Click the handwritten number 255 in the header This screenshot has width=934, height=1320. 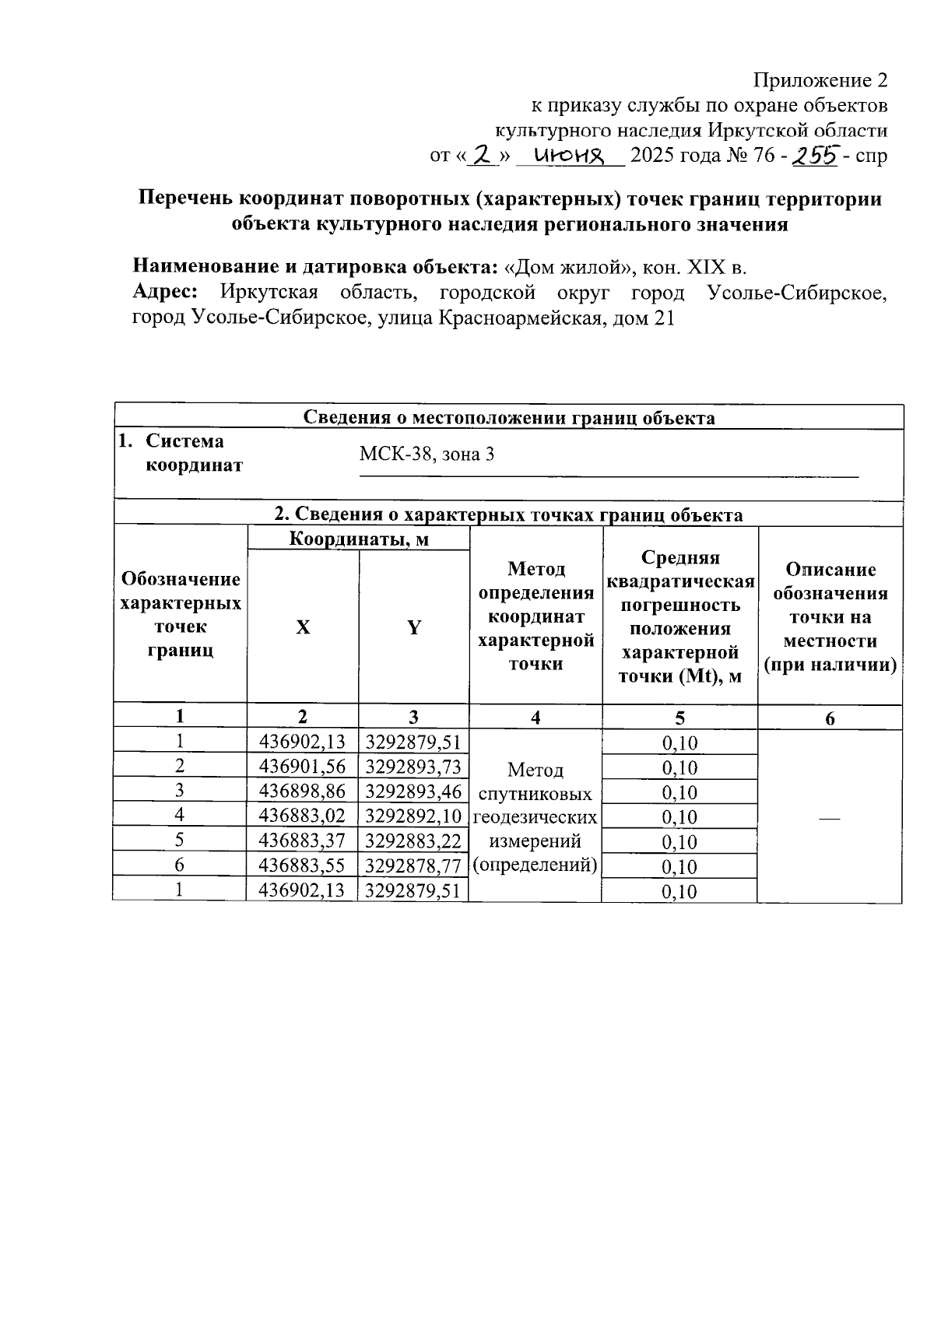click(815, 156)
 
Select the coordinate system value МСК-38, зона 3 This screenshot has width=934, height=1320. click(427, 454)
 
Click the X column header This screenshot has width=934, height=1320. click(303, 627)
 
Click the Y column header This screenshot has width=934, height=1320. click(414, 627)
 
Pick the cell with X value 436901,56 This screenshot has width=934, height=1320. click(303, 767)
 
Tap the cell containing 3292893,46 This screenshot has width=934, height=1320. click(413, 792)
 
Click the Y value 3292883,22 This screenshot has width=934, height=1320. click(413, 841)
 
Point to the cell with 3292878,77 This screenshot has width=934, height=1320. click(413, 865)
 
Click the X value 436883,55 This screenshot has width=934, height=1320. click(303, 865)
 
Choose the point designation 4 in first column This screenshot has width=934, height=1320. click(180, 816)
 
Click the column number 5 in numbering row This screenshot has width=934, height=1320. click(679, 718)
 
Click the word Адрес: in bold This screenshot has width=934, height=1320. click(165, 293)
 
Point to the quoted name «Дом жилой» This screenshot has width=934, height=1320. click(570, 268)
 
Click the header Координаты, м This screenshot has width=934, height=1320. click(359, 539)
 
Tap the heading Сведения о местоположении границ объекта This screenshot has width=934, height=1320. click(508, 418)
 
